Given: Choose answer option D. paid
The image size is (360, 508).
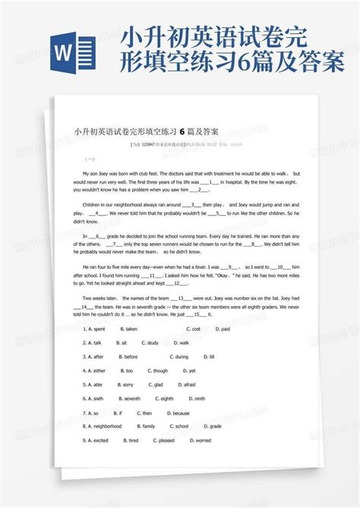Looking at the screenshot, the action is pos(223,329).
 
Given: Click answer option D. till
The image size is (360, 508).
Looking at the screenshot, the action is pos(210,356).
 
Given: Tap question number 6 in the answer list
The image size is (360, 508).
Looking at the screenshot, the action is pos(84,398).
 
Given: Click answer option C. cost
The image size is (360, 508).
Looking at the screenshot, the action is pos(194,329).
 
